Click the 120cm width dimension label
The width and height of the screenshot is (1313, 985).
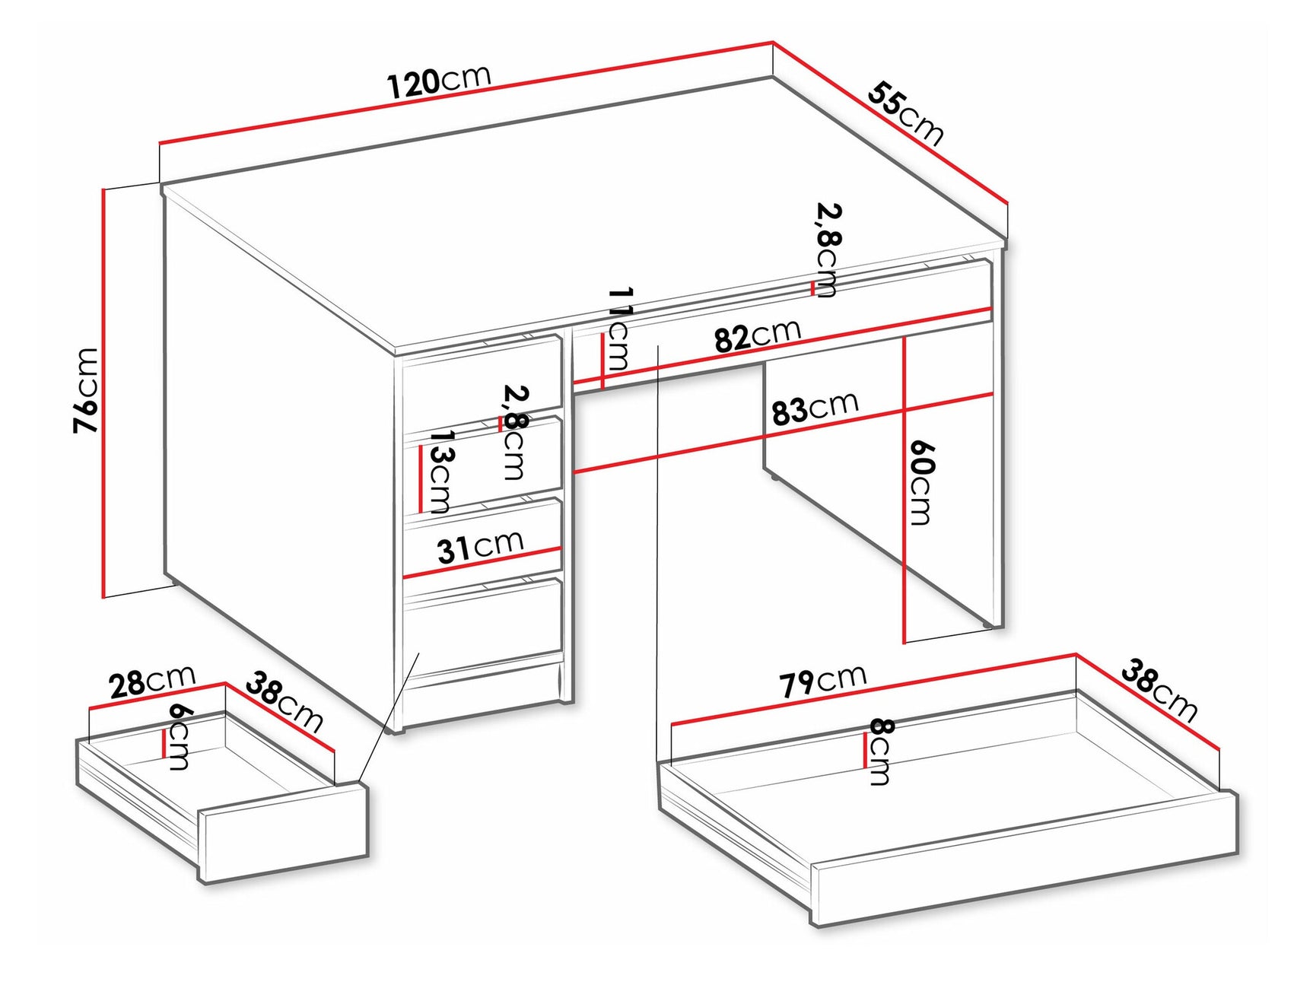point(439,81)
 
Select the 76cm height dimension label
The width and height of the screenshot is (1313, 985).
point(87,390)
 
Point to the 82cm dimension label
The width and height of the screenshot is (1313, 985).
point(758,335)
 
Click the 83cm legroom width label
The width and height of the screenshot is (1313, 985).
point(815,408)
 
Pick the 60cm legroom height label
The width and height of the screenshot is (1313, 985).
point(920,482)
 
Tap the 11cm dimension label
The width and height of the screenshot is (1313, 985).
point(619,329)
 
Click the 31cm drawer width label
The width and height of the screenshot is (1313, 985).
point(480,546)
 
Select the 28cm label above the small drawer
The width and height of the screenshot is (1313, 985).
point(152,682)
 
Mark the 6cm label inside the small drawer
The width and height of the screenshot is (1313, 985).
point(180,736)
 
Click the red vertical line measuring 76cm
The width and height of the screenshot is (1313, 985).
point(103,392)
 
